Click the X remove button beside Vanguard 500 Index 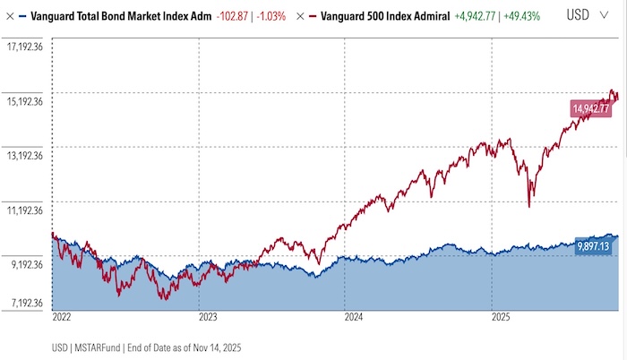click(x=302, y=16)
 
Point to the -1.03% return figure click(x=268, y=16)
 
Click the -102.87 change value click(x=231, y=16)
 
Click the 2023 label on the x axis click(x=208, y=316)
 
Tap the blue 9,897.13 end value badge click(x=592, y=245)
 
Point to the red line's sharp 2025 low click(x=529, y=206)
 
